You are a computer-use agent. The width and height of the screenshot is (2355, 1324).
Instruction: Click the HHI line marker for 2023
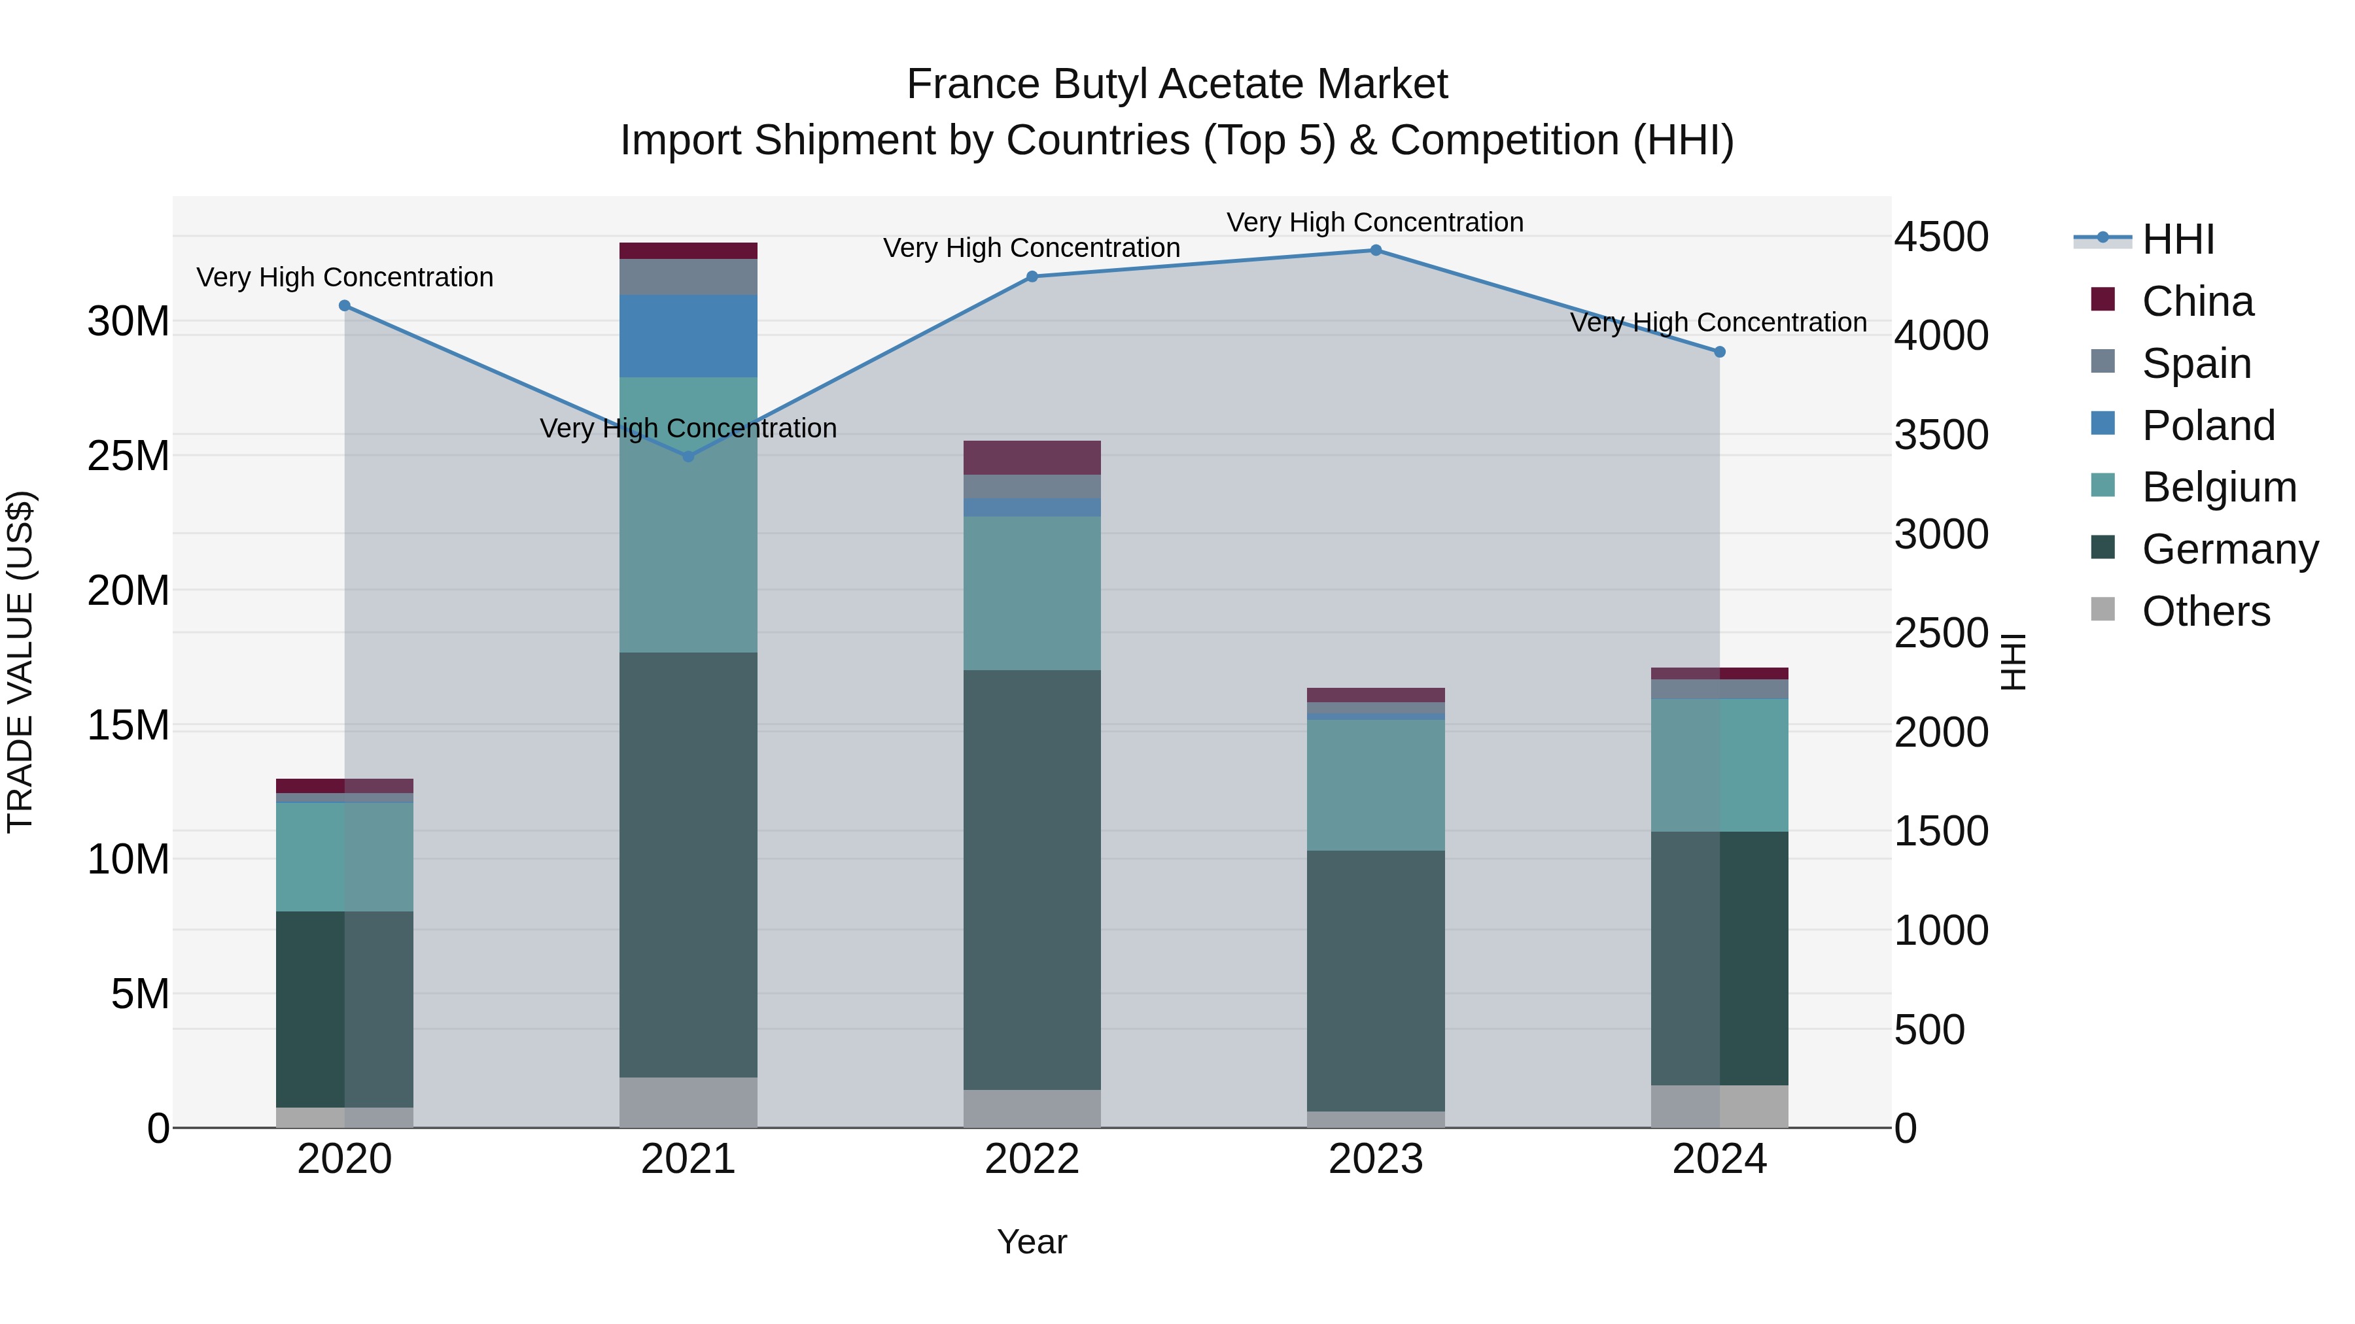(x=1376, y=250)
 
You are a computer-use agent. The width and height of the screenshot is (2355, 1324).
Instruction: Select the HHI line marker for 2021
(x=688, y=456)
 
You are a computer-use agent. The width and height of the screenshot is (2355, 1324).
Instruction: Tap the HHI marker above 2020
(x=345, y=306)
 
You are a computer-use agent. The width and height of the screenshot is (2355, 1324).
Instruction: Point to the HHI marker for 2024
(x=1720, y=352)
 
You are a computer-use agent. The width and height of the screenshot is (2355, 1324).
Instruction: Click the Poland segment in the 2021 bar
(x=688, y=336)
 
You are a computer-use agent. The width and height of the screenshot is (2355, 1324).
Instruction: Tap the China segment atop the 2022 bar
(x=1032, y=458)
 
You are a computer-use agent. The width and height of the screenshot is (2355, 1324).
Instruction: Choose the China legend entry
(x=2197, y=301)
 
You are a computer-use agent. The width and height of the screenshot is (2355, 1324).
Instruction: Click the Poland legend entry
(x=2208, y=426)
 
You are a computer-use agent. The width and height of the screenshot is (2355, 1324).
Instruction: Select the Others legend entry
(x=2205, y=611)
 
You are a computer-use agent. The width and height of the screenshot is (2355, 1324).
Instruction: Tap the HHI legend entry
(x=2178, y=239)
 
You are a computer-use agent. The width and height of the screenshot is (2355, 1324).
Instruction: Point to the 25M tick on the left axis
(x=128, y=456)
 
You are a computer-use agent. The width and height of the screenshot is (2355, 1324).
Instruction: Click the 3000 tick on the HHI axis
(x=1941, y=535)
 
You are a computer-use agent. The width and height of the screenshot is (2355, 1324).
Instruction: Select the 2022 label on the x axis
(x=1032, y=1159)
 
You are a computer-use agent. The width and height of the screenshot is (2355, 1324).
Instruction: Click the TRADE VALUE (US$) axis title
(x=20, y=662)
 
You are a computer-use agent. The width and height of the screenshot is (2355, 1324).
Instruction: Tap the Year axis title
(x=1032, y=1242)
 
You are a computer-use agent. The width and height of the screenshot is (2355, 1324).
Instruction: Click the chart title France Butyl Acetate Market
(x=1177, y=84)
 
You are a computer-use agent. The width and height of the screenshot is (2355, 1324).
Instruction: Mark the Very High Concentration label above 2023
(x=1375, y=222)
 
